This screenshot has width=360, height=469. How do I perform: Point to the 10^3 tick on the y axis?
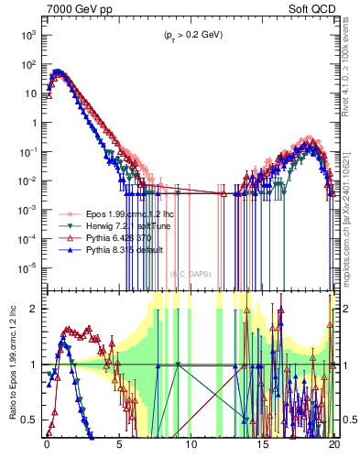[27, 35]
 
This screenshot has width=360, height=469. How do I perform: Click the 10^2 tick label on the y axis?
[27, 64]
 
